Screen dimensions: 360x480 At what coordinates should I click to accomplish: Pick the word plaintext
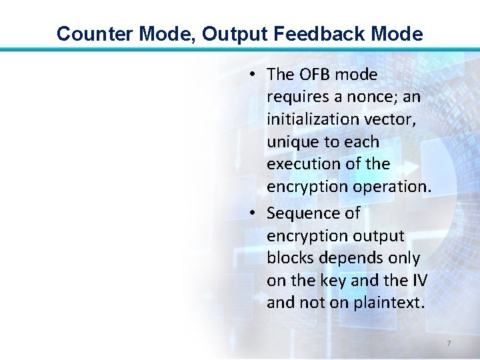pyautogui.click(x=388, y=303)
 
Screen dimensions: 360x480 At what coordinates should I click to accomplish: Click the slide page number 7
pyautogui.click(x=449, y=343)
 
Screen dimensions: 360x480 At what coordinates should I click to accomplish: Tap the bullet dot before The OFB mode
pyautogui.click(x=255, y=75)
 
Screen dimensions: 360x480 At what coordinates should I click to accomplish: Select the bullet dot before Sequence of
pyautogui.click(x=255, y=213)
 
